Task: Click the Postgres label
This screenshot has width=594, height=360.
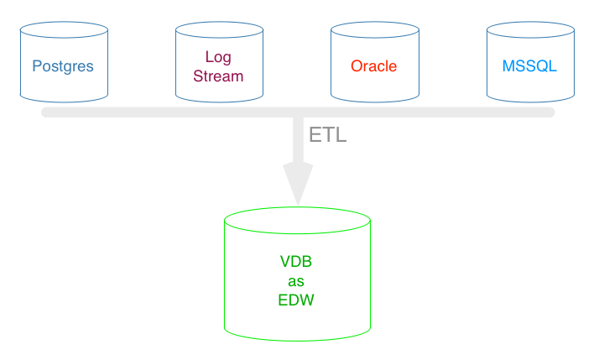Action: [x=63, y=66]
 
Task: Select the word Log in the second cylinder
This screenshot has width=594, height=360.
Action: [x=218, y=57]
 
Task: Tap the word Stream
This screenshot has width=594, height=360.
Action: [x=218, y=76]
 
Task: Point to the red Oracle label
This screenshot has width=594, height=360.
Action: [x=373, y=66]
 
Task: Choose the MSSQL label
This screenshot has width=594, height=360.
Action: [x=529, y=66]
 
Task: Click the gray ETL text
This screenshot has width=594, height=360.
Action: [x=328, y=135]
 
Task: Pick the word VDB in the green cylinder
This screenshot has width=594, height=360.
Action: [x=296, y=262]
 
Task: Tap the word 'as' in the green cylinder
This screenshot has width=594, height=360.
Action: [x=296, y=282]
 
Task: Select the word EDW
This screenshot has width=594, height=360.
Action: [x=296, y=300]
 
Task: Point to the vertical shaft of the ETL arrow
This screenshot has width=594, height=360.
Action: [x=298, y=140]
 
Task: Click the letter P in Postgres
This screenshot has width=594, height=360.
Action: [x=37, y=66]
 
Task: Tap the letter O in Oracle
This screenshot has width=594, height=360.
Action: [x=357, y=66]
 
